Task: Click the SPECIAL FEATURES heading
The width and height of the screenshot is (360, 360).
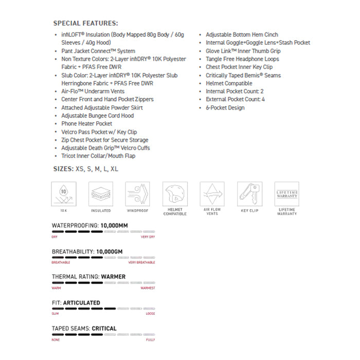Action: (85, 23)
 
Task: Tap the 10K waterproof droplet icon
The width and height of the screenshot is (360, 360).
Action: (64, 193)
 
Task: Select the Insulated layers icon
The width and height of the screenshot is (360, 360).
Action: (101, 193)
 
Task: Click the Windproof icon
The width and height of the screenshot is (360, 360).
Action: (138, 193)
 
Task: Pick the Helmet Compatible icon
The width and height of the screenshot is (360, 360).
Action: (175, 193)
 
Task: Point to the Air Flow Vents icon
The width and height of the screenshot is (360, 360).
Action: (212, 193)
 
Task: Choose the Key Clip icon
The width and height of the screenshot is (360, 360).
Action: (249, 193)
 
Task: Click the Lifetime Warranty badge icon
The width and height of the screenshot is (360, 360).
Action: (286, 193)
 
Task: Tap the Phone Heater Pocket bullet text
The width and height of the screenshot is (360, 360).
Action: (86, 124)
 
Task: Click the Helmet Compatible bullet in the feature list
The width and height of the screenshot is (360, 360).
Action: (229, 83)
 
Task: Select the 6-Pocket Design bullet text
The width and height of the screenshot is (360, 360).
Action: (225, 107)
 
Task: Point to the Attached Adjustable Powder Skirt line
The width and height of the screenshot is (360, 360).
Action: (102, 107)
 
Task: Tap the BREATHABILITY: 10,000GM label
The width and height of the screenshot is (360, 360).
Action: (87, 251)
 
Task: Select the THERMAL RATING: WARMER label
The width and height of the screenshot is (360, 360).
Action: (88, 277)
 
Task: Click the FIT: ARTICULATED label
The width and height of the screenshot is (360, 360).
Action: (76, 303)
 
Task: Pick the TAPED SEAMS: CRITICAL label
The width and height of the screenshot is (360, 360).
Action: (84, 328)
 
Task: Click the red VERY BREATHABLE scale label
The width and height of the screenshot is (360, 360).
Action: (141, 262)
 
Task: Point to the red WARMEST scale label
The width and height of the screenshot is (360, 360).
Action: (148, 288)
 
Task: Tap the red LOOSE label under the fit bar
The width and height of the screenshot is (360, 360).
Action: (150, 314)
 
